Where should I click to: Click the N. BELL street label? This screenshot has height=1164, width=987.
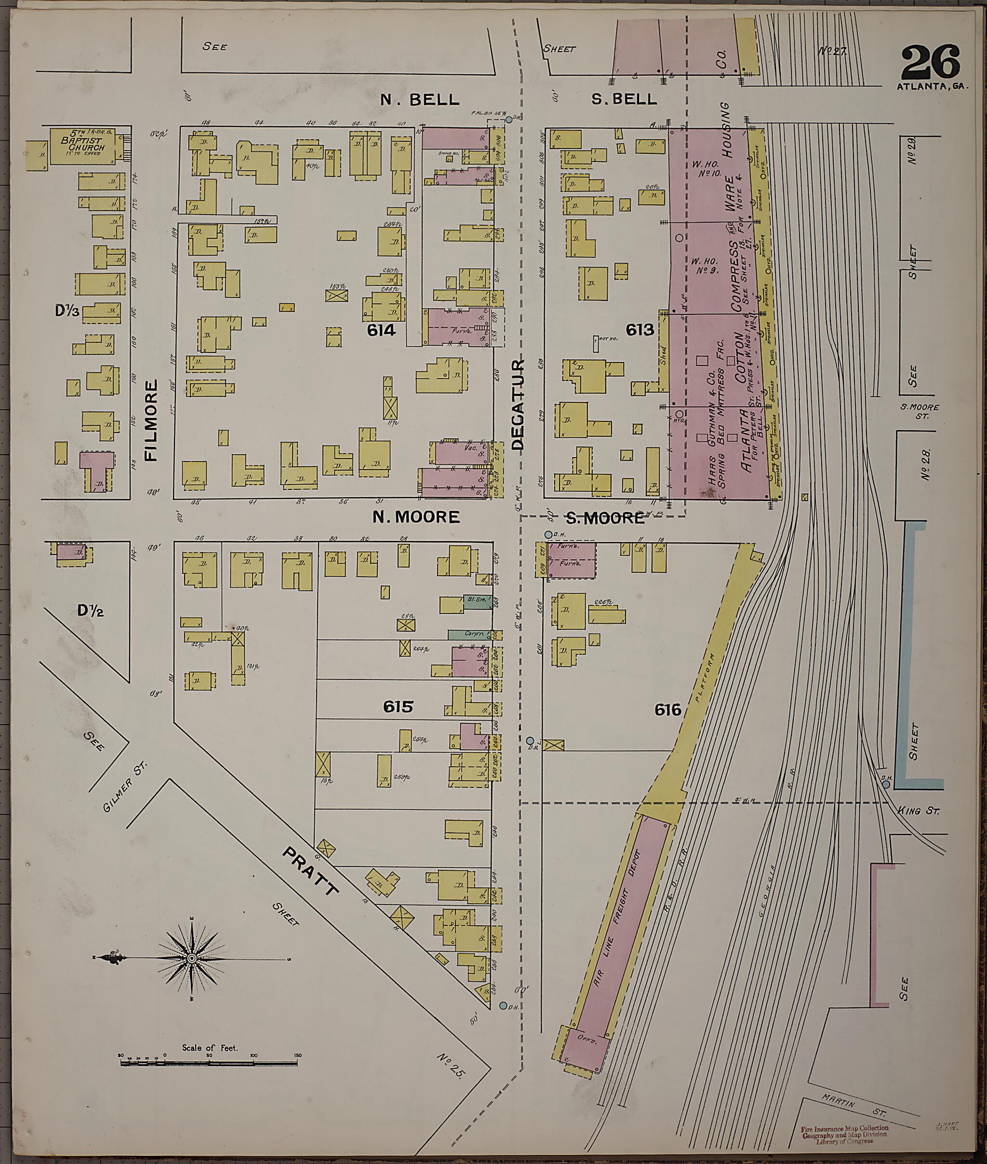click(x=419, y=100)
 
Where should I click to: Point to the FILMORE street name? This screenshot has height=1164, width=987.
click(x=151, y=420)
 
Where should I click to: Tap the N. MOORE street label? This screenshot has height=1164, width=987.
click(x=416, y=517)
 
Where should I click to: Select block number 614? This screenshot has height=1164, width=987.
click(x=381, y=330)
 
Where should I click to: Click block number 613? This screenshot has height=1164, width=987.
click(x=640, y=330)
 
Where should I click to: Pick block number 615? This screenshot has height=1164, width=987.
click(x=398, y=706)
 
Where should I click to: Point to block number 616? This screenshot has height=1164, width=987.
click(x=668, y=710)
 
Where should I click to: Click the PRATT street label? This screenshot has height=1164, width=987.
click(x=310, y=871)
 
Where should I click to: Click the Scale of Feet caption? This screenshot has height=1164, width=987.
click(x=210, y=1047)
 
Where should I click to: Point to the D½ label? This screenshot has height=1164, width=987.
click(x=91, y=611)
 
